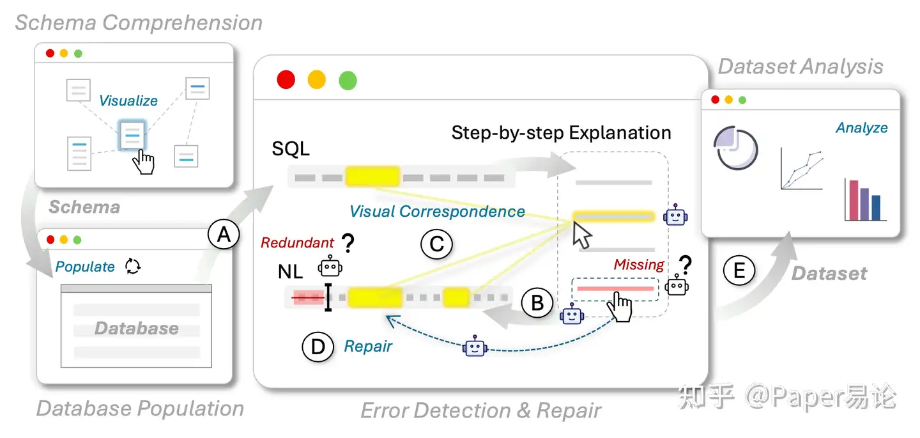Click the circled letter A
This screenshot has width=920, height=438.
click(223, 236)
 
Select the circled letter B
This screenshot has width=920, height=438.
click(537, 303)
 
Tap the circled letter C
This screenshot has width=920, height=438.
click(436, 244)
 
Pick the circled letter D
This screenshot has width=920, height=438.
click(318, 347)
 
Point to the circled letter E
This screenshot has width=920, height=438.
click(739, 271)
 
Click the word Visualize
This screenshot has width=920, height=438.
click(128, 101)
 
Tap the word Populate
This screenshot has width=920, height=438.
click(85, 267)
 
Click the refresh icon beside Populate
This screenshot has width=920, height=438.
click(133, 266)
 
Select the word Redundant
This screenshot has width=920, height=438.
click(297, 242)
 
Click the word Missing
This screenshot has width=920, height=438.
click(639, 264)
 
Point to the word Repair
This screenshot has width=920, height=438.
click(368, 347)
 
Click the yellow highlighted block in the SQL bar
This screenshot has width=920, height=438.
click(372, 176)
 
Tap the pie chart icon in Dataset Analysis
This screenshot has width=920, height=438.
click(735, 147)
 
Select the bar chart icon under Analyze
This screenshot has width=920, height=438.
click(866, 199)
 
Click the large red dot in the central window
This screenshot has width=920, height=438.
click(286, 80)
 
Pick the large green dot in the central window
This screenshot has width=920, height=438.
click(348, 81)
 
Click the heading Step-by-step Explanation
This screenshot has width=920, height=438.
click(561, 133)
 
